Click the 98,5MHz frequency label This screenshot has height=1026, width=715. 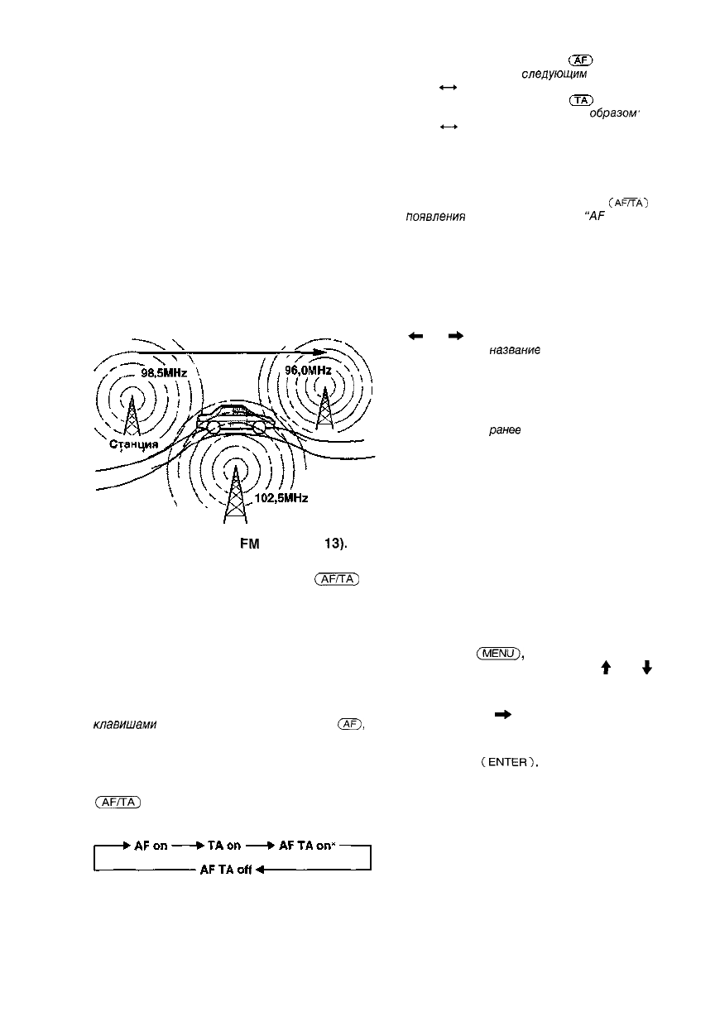166,374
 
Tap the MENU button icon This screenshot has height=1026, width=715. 497,654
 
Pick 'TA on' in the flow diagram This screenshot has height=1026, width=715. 218,847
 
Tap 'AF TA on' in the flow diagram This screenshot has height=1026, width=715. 301,847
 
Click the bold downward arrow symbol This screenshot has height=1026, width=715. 646,666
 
